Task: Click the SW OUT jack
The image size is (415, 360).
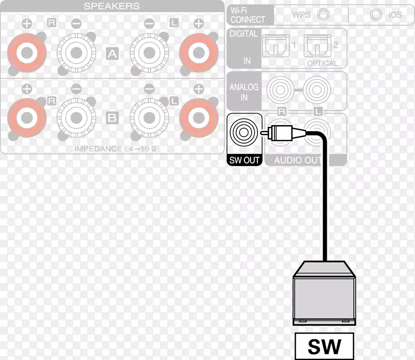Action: pos(244,132)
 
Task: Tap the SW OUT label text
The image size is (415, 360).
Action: pos(244,160)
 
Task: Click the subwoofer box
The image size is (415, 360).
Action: pos(324,293)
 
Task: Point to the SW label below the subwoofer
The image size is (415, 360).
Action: pos(325,346)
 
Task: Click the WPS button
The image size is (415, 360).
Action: pos(323,15)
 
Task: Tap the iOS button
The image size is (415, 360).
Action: pos(376,15)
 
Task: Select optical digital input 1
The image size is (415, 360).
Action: pos(275,46)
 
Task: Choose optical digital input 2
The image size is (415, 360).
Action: pos(317,46)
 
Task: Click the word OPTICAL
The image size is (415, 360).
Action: pos(322,63)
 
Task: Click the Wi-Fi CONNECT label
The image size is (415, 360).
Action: pos(247,15)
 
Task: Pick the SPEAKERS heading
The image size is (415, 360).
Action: pos(112,6)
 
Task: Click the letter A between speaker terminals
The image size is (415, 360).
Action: pos(112,54)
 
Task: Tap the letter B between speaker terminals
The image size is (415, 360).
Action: pos(112,118)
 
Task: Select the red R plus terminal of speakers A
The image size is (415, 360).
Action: pos(27,53)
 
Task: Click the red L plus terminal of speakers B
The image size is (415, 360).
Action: pos(199,118)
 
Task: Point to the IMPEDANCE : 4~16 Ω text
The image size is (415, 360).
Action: pos(115,149)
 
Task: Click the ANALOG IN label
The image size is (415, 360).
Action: pos(244,92)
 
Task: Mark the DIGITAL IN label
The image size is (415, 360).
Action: pos(244,47)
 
